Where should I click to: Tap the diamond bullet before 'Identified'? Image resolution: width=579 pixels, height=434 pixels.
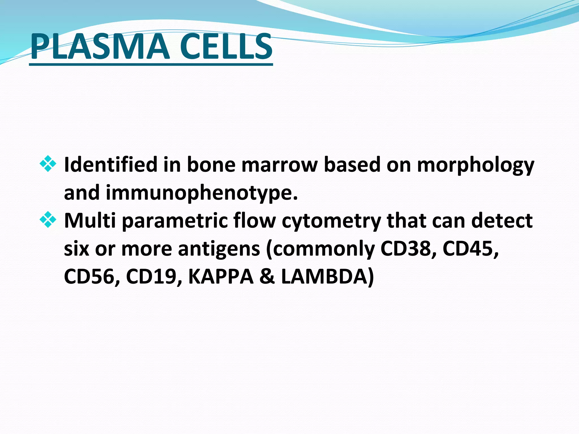(48, 164)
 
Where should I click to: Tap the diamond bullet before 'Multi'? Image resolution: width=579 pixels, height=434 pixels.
(48, 220)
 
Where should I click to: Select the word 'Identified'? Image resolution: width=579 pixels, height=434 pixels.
(111, 164)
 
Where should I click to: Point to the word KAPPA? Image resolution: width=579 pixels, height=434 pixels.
(221, 277)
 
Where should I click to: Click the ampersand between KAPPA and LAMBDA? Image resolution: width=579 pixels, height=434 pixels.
(267, 277)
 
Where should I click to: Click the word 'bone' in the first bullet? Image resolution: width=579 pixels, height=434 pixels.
(211, 164)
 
